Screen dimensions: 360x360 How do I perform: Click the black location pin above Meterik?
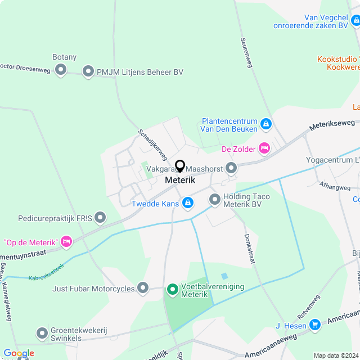180,166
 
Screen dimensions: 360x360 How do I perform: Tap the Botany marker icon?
60,70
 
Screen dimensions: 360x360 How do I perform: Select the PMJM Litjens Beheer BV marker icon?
88,71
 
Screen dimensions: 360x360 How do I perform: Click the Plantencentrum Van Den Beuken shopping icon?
266,124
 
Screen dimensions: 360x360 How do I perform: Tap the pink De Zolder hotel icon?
264,148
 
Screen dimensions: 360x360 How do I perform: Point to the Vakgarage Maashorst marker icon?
231,168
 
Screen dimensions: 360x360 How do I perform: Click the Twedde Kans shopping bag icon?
188,202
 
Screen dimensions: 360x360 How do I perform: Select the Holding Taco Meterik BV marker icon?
214,199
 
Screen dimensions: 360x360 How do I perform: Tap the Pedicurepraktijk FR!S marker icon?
100,217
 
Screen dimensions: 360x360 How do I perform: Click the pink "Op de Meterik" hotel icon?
66,242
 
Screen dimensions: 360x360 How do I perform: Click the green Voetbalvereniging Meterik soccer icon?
172,290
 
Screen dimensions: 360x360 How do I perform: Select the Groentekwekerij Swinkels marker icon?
42,334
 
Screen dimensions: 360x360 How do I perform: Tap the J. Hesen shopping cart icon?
314,325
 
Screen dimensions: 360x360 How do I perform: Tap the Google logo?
19,353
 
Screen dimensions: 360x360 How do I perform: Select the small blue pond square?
225,276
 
